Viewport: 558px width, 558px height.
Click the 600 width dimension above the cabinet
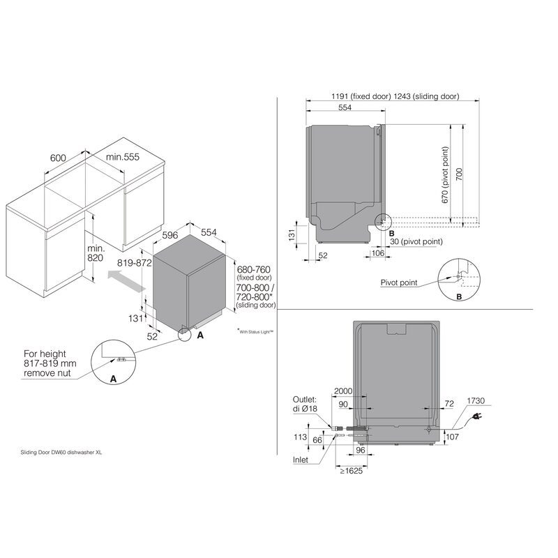coord(58,158)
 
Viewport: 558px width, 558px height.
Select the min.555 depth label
coord(122,158)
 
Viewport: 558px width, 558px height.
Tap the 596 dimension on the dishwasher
coord(172,235)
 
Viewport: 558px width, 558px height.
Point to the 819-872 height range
coord(135,264)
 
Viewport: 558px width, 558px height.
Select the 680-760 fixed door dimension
coord(253,269)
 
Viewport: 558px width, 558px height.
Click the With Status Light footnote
coord(255,333)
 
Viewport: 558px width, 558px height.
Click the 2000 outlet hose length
coord(342,391)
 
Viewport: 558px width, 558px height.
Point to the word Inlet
coord(301,460)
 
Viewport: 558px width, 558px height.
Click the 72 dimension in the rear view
coord(448,404)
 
